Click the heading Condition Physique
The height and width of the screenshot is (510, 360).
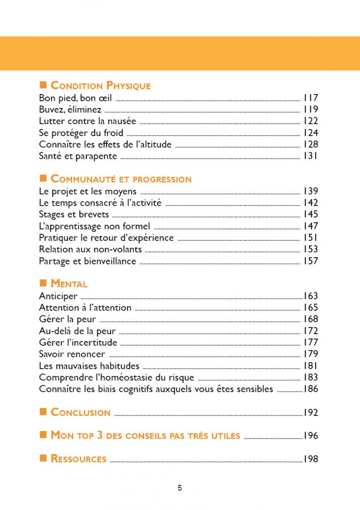(100, 86)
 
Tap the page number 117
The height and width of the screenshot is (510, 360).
(310, 97)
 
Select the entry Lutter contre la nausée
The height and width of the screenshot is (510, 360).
(87, 121)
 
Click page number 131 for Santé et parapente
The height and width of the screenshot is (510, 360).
(310, 156)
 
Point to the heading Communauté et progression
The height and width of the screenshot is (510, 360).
(121, 179)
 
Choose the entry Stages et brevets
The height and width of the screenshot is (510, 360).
(73, 214)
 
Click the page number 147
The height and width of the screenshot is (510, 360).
(310, 226)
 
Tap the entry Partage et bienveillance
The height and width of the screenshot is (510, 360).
(87, 261)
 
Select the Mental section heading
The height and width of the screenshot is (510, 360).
(69, 284)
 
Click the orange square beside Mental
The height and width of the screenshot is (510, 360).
(43, 283)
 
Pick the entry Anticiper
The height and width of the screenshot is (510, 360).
(58, 296)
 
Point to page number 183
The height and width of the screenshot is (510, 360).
(310, 377)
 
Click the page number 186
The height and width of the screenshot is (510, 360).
(310, 389)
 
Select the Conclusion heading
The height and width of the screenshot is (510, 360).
(81, 413)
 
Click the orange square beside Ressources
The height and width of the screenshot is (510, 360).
(43, 458)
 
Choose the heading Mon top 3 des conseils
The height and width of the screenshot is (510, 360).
(146, 436)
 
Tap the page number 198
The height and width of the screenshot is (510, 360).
(310, 459)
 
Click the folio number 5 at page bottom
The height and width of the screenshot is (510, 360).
(180, 488)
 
